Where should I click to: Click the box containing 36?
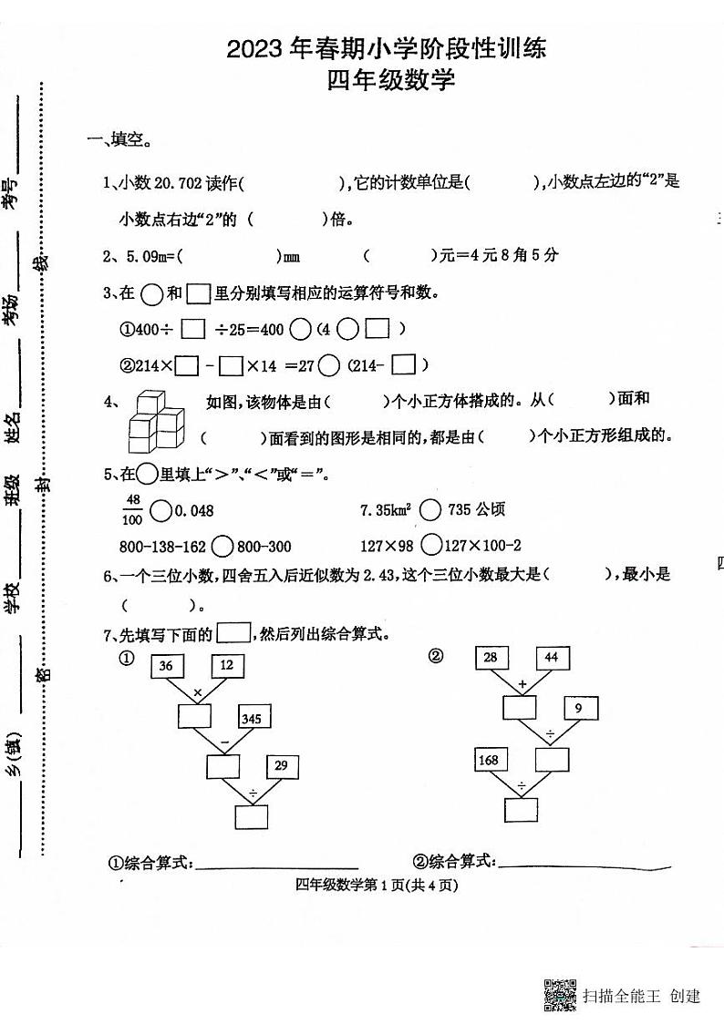(x=166, y=666)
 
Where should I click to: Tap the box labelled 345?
(x=252, y=719)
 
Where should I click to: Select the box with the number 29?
(x=280, y=766)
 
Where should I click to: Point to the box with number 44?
(x=552, y=657)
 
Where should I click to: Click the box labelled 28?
(x=491, y=657)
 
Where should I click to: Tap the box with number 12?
(x=227, y=665)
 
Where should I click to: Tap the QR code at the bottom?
(x=559, y=995)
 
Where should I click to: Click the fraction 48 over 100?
(x=132, y=509)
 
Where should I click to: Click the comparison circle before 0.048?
(x=160, y=510)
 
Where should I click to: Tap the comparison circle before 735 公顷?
(x=431, y=510)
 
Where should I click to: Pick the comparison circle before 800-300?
(x=222, y=546)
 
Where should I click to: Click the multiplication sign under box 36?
(x=196, y=694)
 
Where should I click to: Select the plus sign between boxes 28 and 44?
(x=522, y=683)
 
